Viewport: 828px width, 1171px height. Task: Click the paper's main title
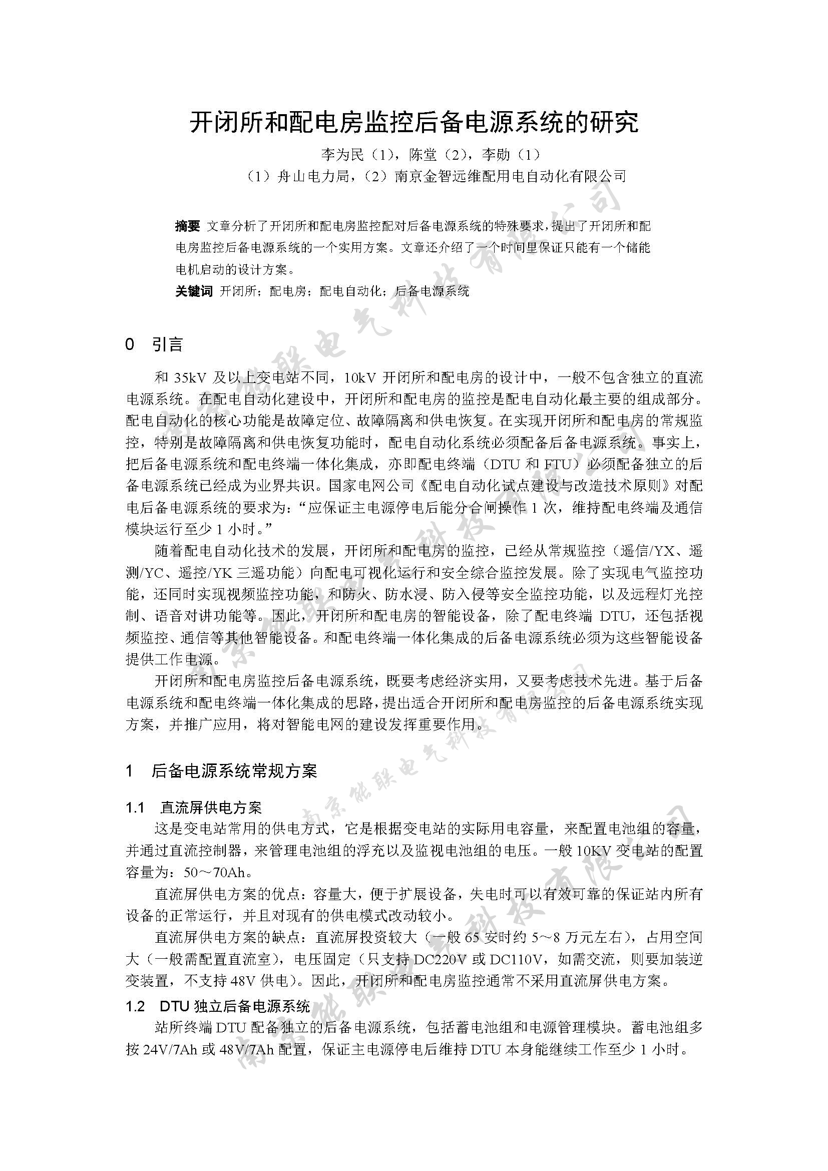pyautogui.click(x=414, y=122)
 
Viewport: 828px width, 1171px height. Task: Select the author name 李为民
pyautogui.click(x=341, y=155)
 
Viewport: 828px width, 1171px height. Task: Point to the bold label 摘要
pyautogui.click(x=187, y=226)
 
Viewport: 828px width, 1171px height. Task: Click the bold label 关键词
pyautogui.click(x=194, y=291)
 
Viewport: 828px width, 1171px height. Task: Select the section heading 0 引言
pyautogui.click(x=154, y=345)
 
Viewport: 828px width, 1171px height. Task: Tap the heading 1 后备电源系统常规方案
pyautogui.click(x=221, y=770)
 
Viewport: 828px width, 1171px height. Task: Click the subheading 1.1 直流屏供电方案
pyautogui.click(x=194, y=808)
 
